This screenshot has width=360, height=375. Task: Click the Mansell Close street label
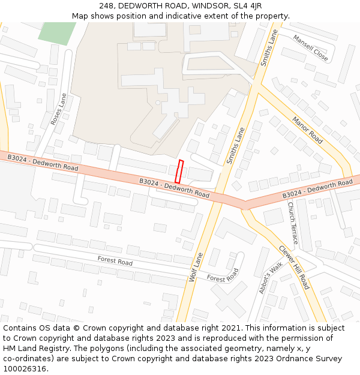(x=310, y=47)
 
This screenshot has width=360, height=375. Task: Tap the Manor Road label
(x=307, y=130)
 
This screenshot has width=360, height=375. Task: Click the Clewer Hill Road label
(x=293, y=266)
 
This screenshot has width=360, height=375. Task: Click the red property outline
(x=178, y=172)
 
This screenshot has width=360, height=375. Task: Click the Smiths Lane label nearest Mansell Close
(x=268, y=47)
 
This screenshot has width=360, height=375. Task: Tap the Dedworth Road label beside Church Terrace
(x=317, y=188)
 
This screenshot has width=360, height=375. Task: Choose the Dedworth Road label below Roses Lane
(x=43, y=163)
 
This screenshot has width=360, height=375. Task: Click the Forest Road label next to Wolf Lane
(x=223, y=275)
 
